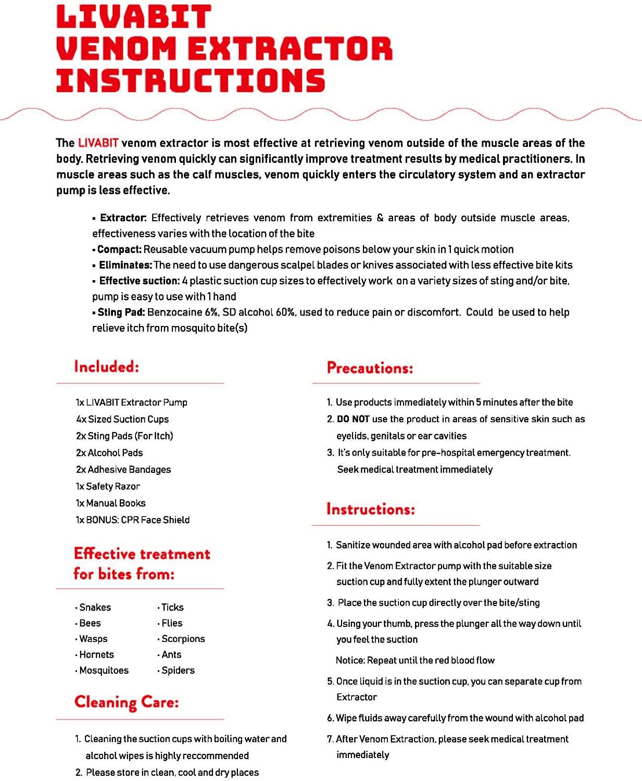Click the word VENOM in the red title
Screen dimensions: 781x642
pyautogui.click(x=116, y=49)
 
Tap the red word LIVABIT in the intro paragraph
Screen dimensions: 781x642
pyautogui.click(x=98, y=143)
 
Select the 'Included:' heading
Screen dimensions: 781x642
pyautogui.click(x=107, y=367)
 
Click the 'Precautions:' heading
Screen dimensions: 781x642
pyautogui.click(x=370, y=368)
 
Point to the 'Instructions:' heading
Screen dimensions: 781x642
pyautogui.click(x=370, y=509)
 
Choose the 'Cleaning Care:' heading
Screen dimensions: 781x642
pyautogui.click(x=127, y=702)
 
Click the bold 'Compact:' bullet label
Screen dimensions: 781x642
pyautogui.click(x=119, y=249)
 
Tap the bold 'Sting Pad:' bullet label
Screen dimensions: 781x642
pyautogui.click(x=121, y=312)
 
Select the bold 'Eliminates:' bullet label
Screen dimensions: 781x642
pyautogui.click(x=125, y=265)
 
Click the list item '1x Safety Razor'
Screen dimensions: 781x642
pyautogui.click(x=108, y=486)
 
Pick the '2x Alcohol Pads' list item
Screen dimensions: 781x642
pyautogui.click(x=109, y=453)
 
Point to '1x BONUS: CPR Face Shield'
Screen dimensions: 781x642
pyautogui.click(x=133, y=520)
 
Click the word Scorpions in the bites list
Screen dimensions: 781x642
pyautogui.click(x=183, y=639)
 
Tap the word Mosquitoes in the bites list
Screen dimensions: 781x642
pyautogui.click(x=104, y=670)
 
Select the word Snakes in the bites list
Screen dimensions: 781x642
pyautogui.click(x=95, y=607)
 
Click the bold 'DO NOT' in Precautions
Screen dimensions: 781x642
pyautogui.click(x=353, y=419)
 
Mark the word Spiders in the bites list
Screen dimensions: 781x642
pyautogui.click(x=178, y=670)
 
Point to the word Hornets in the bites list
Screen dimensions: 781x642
pyautogui.click(x=96, y=654)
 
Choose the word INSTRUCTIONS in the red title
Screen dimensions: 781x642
pyautogui.click(x=191, y=81)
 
